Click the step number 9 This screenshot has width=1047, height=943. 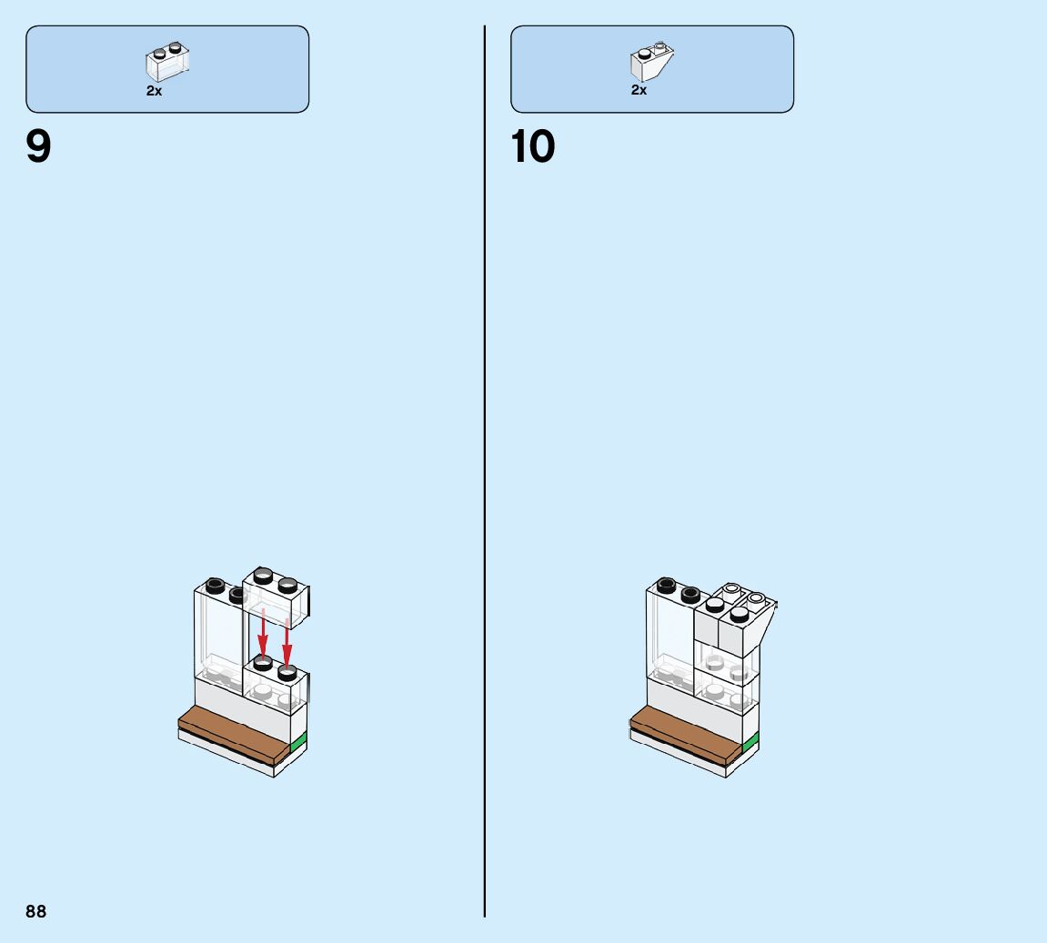point(39,147)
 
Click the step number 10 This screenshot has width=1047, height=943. point(533,147)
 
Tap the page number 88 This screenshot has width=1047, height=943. point(35,911)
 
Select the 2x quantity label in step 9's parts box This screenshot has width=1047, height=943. point(154,91)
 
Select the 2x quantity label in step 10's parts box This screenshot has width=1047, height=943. point(639,91)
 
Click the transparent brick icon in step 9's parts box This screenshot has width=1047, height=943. point(168,61)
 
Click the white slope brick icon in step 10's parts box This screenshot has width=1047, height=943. point(651,61)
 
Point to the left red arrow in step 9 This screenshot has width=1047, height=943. point(263,634)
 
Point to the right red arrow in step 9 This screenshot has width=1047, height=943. point(287,642)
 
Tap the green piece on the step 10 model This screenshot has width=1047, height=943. point(750,745)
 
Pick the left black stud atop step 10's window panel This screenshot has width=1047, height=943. point(666,584)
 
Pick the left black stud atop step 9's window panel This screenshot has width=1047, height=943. point(216,585)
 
